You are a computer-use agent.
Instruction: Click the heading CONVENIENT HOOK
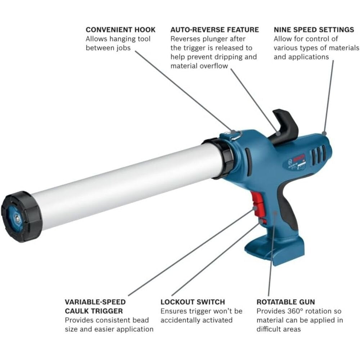pos(121,30)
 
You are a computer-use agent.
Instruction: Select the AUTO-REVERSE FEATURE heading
pos(215,30)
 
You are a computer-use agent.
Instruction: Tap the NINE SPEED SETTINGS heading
pos(314,30)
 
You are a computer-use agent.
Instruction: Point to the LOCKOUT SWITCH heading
pos(193,302)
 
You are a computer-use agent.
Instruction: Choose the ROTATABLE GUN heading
pos(286,302)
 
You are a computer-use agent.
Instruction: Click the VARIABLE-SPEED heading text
pos(95,302)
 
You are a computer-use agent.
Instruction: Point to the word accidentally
pos(183,320)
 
